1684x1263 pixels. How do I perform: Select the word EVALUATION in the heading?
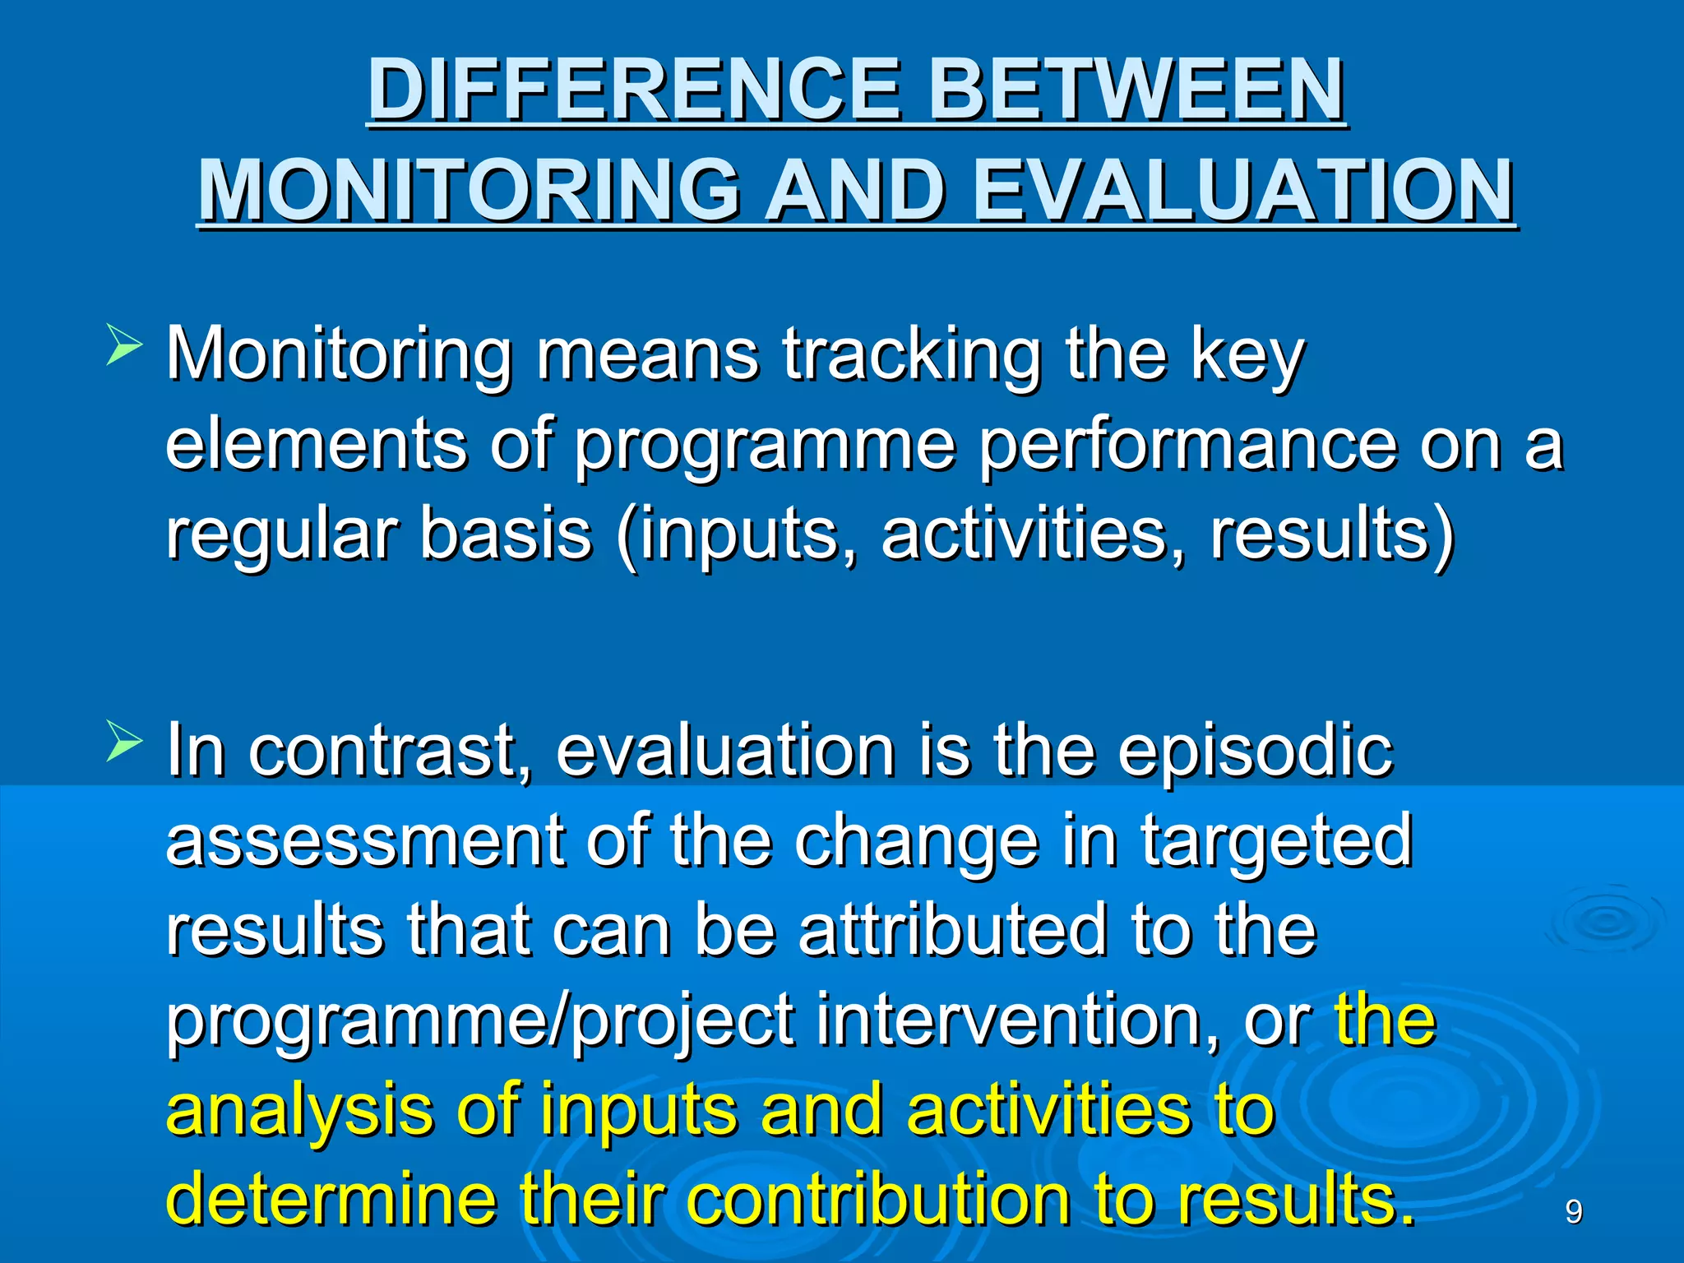coord(1242,191)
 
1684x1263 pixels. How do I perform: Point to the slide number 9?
coord(1573,1212)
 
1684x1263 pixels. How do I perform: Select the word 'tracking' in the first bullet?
coord(911,356)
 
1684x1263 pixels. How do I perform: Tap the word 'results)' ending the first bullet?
coord(1331,535)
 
